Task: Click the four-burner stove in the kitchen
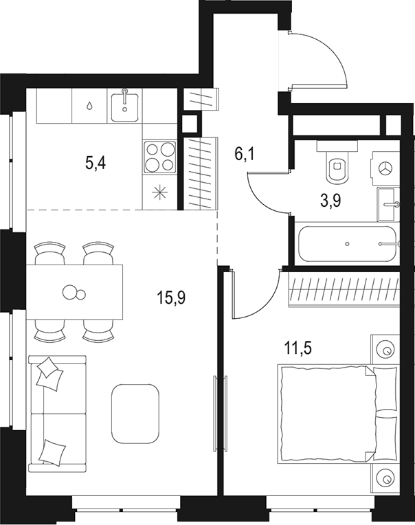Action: [159, 157]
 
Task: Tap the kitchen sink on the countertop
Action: [126, 104]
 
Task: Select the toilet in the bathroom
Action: [337, 166]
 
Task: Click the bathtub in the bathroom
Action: [346, 243]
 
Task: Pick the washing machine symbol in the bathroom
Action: [385, 168]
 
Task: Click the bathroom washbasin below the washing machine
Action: [388, 204]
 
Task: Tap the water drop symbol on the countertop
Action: [91, 106]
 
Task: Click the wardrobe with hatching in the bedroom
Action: [343, 289]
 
